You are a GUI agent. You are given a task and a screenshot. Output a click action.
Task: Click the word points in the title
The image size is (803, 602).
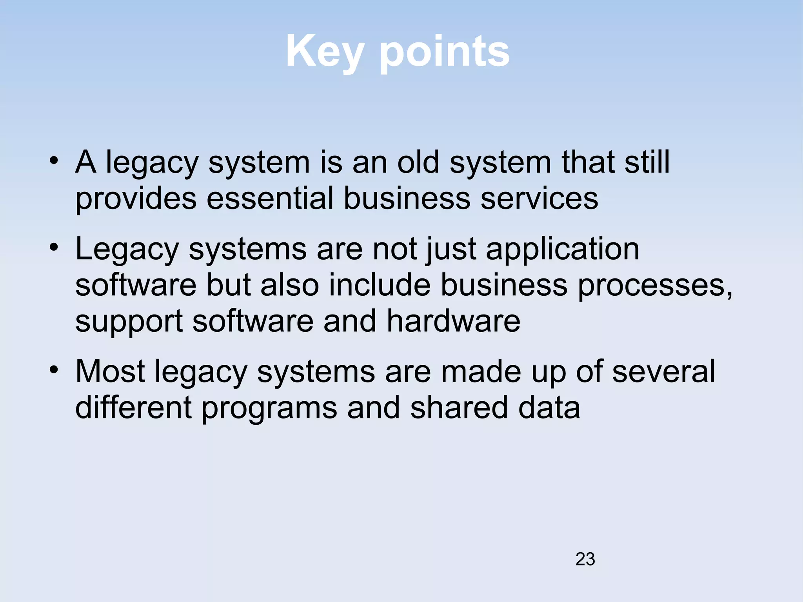pyautogui.click(x=445, y=52)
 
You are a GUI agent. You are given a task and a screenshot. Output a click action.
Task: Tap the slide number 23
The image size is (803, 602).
pyautogui.click(x=585, y=559)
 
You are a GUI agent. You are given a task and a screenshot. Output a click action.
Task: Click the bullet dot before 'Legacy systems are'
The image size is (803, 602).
pyautogui.click(x=54, y=247)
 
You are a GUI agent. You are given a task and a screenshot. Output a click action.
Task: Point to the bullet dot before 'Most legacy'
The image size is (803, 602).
pyautogui.click(x=54, y=370)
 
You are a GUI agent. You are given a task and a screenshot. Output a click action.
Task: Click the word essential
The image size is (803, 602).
pyautogui.click(x=270, y=198)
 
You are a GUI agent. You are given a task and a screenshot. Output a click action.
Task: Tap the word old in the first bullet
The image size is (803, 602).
pyautogui.click(x=418, y=162)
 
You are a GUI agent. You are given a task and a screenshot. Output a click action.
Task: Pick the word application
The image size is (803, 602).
pyautogui.click(x=563, y=250)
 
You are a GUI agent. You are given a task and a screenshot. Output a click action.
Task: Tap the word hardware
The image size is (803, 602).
pyautogui.click(x=454, y=321)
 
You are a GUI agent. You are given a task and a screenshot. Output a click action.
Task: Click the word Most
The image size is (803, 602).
pyautogui.click(x=110, y=371)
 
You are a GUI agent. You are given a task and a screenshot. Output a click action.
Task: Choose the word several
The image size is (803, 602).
pyautogui.click(x=663, y=371)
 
